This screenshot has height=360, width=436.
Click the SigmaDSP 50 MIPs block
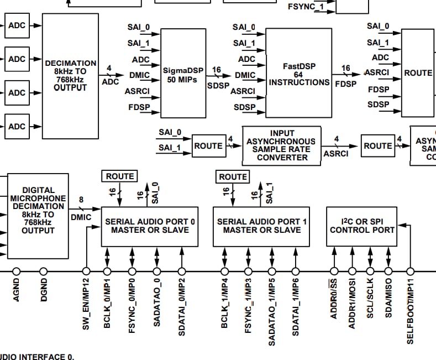[183, 73]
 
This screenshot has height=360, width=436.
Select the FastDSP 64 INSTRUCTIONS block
[298, 73]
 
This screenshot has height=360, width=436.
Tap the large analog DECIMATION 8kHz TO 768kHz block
[70, 76]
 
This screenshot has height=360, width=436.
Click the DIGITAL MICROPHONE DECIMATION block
[38, 216]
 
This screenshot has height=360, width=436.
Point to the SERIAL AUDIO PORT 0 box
[150, 227]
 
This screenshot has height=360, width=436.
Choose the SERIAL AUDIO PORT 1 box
[261, 227]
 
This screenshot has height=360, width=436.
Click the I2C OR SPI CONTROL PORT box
[362, 227]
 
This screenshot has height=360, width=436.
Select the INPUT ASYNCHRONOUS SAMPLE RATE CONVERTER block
[281, 146]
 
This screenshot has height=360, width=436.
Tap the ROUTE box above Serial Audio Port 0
[119, 176]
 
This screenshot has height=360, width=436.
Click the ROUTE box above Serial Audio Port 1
[233, 177]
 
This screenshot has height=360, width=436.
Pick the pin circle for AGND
[17, 272]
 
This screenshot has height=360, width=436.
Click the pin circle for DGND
[43, 272]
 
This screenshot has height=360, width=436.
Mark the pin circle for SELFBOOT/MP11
[411, 272]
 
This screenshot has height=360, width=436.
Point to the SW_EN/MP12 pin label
[86, 304]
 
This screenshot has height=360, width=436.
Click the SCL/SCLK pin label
[370, 298]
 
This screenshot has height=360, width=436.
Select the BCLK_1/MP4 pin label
[224, 303]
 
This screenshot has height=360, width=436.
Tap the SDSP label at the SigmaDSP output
[218, 86]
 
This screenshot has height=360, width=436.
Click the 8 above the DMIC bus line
[81, 200]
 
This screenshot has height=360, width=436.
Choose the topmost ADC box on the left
[17, 25]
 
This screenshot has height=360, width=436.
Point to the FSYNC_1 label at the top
[306, 7]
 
